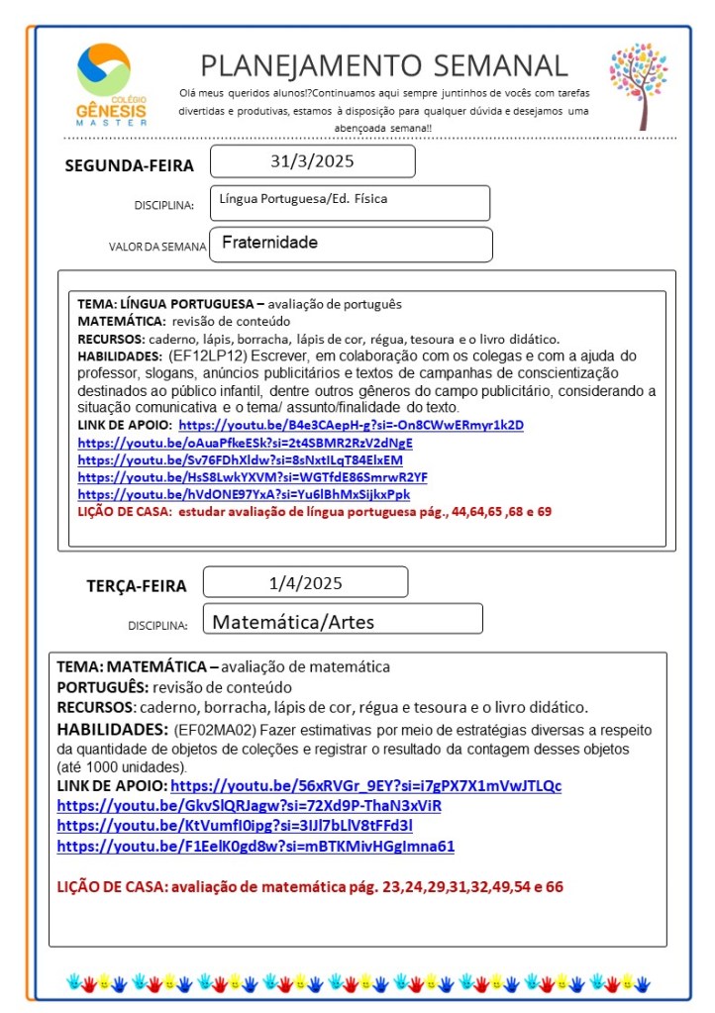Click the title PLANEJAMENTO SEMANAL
[x=384, y=65]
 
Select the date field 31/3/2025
[x=312, y=161]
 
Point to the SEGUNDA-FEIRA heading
[x=129, y=165]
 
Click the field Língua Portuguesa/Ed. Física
[x=350, y=202]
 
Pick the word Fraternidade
[x=269, y=243]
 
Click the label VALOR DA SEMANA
[x=157, y=247]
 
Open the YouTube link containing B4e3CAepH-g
[x=351, y=425]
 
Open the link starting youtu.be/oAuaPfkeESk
[x=245, y=443]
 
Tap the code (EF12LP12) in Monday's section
[x=208, y=355]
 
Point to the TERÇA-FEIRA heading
[x=136, y=585]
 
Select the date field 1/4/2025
[x=305, y=582]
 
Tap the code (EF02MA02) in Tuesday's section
[x=214, y=730]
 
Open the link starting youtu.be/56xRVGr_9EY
[x=365, y=786]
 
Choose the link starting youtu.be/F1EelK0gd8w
[x=255, y=846]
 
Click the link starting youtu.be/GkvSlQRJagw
[x=249, y=806]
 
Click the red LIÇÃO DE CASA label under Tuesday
[x=112, y=887]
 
